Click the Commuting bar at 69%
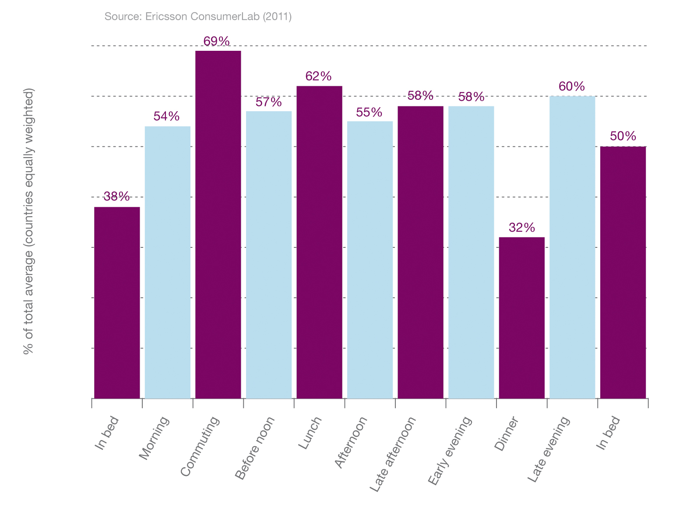point(218,224)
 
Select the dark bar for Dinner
point(521,317)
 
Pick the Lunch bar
point(319,242)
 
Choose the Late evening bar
point(572,247)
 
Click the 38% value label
point(116,196)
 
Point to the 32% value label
point(521,228)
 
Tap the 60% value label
point(572,86)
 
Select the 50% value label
point(623,136)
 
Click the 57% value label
point(268,102)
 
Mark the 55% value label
point(369,112)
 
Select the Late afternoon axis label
point(393,454)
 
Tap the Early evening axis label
point(450,451)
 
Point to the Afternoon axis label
point(351,442)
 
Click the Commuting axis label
point(200,447)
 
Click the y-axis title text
point(29,221)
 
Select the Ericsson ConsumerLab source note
point(198,17)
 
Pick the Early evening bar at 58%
point(471,252)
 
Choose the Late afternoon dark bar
point(420,252)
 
